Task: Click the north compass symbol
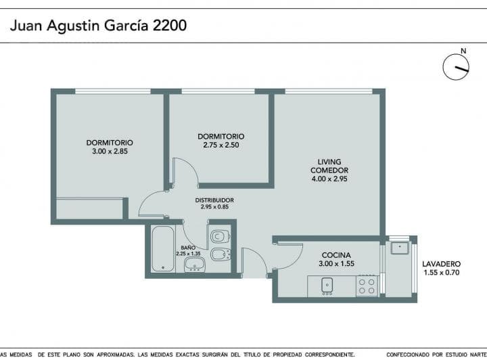(x=456, y=66)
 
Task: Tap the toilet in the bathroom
(x=220, y=237)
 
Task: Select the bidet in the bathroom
(x=221, y=254)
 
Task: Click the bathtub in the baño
(x=163, y=249)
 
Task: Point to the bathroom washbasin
(x=195, y=265)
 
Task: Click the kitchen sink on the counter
(x=327, y=286)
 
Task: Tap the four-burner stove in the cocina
(x=367, y=286)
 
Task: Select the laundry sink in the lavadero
(x=400, y=248)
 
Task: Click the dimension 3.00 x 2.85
(x=110, y=152)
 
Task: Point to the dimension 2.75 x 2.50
(x=221, y=145)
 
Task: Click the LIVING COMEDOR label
(x=329, y=166)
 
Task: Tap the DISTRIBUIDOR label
(x=214, y=200)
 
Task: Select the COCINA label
(x=336, y=255)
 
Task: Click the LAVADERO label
(x=441, y=264)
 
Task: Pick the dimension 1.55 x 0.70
(x=441, y=273)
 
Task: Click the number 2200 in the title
(x=170, y=26)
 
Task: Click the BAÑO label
(x=188, y=248)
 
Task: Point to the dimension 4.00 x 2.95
(x=329, y=179)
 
